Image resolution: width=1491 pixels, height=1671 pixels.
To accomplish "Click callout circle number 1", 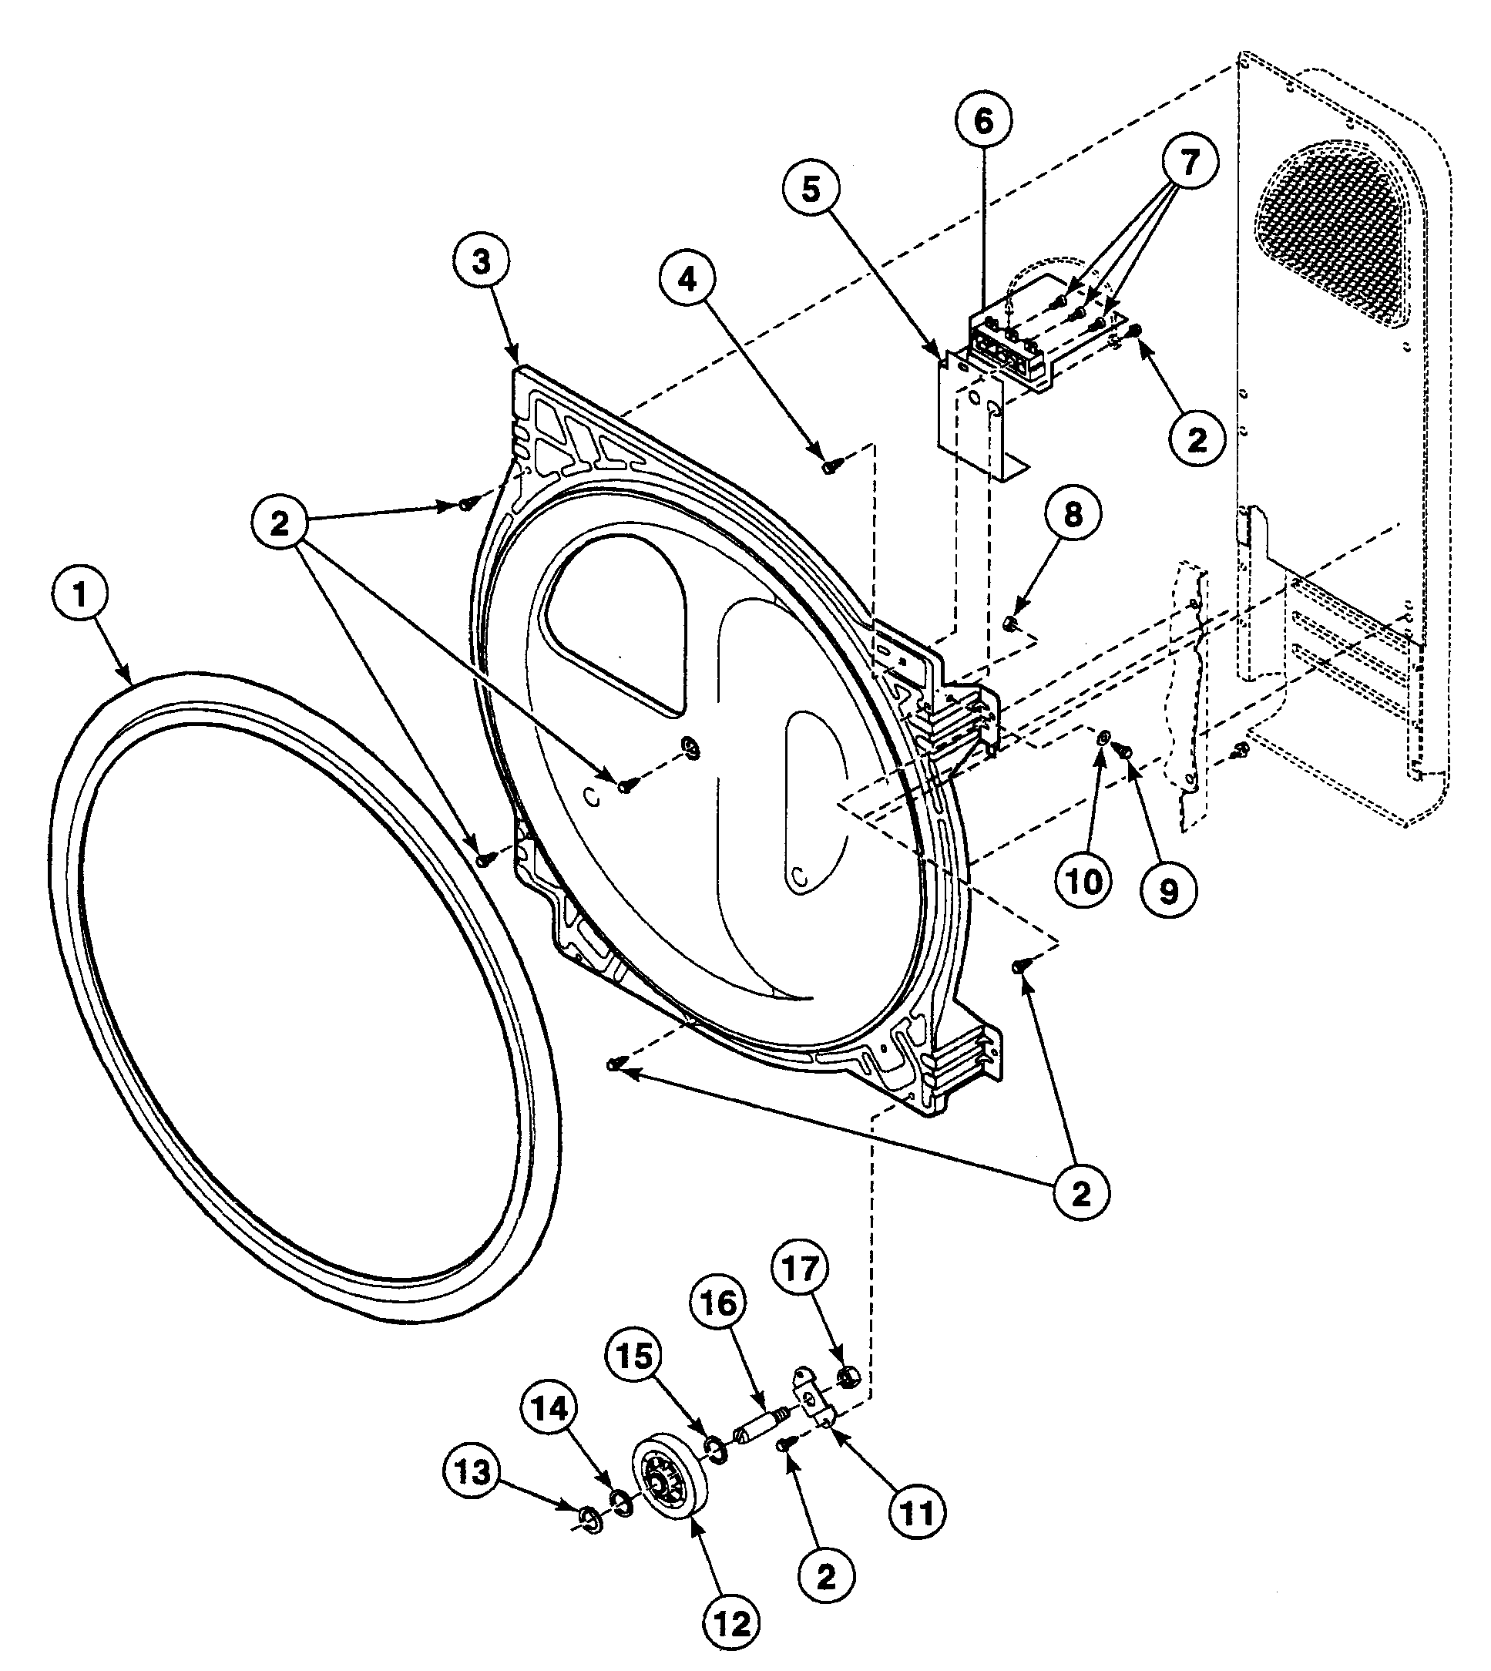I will (x=79, y=596).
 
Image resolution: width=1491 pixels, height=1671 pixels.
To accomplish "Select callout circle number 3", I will (x=480, y=261).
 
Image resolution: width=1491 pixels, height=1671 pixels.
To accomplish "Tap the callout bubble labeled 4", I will (x=687, y=281).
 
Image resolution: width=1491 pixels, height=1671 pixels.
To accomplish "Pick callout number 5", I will (x=810, y=190).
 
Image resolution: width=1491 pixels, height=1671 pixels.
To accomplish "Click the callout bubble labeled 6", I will (x=983, y=121).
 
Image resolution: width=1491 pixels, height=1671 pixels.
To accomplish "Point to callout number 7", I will (x=1188, y=161).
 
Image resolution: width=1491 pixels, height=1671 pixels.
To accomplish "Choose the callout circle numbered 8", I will (x=1072, y=515).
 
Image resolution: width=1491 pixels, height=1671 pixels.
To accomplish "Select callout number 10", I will (x=1084, y=882).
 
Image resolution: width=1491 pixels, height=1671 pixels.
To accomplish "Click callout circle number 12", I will (x=731, y=1622).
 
